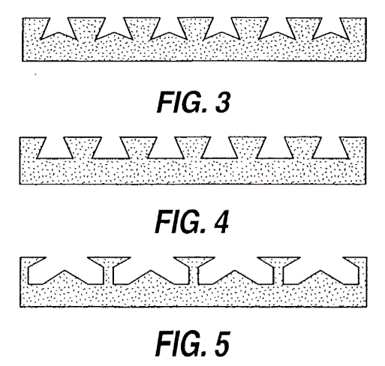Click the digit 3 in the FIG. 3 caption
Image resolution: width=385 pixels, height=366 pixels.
(x=223, y=102)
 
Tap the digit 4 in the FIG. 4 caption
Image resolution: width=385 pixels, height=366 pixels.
(x=221, y=222)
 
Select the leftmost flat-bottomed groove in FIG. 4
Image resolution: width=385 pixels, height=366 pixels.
(x=55, y=148)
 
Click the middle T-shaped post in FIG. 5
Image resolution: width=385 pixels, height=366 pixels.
(x=194, y=270)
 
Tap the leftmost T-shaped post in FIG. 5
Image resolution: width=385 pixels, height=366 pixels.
(x=108, y=270)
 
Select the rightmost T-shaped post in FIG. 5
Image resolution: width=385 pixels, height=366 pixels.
(x=278, y=270)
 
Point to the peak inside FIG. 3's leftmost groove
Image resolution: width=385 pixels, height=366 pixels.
(x=59, y=32)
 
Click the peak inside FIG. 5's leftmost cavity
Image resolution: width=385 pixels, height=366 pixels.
(x=65, y=270)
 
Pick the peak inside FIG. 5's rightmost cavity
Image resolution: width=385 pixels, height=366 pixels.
(x=320, y=270)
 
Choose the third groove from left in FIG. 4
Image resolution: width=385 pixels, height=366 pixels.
(x=166, y=148)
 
